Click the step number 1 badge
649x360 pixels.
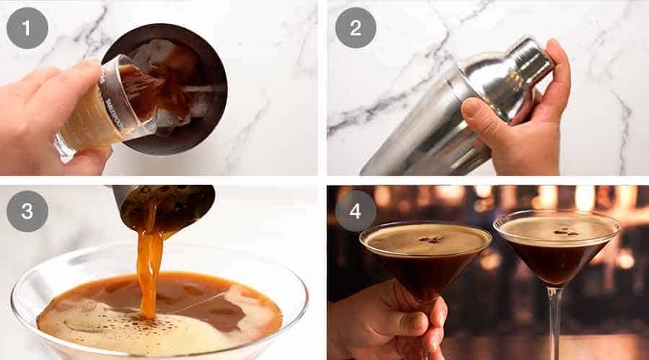click(x=27, y=28)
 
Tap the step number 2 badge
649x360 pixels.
click(x=355, y=28)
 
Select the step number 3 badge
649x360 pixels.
click(x=27, y=211)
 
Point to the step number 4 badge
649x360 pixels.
click(x=355, y=211)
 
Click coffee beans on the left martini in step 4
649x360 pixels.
click(x=431, y=240)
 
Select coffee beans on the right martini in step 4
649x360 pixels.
click(x=564, y=232)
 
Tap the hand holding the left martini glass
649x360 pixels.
click(x=389, y=317)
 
